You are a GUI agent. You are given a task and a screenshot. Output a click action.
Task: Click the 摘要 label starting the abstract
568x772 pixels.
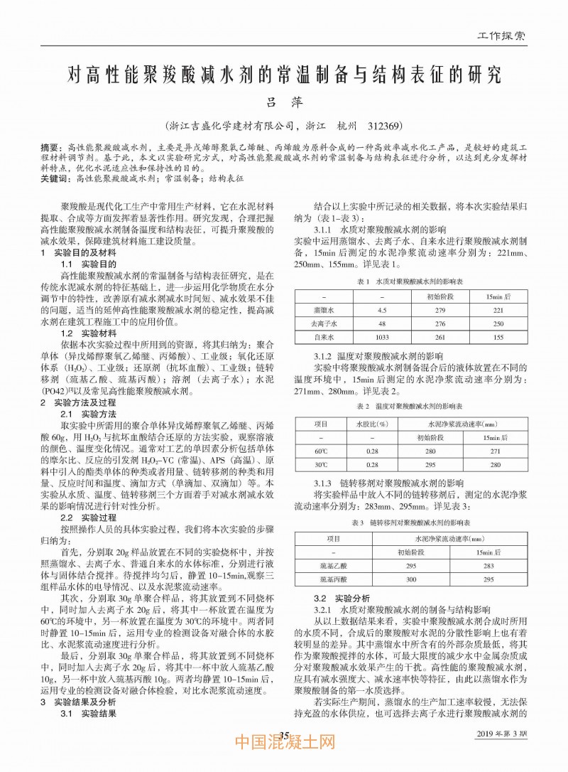pyautogui.click(x=51, y=145)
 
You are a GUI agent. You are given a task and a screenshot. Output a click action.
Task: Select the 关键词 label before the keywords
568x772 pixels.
pyautogui.click(x=55, y=180)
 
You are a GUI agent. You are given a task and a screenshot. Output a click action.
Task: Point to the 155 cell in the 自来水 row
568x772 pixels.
pyautogui.click(x=498, y=337)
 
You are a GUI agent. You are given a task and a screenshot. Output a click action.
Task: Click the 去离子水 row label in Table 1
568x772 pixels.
pyautogui.click(x=323, y=323)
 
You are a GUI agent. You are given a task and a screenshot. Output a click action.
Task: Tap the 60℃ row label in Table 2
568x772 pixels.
pyautogui.click(x=322, y=451)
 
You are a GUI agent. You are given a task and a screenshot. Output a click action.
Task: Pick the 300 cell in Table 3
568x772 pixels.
pyautogui.click(x=410, y=579)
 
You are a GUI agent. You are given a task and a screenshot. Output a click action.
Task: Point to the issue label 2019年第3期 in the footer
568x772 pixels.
pyautogui.click(x=501, y=733)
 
